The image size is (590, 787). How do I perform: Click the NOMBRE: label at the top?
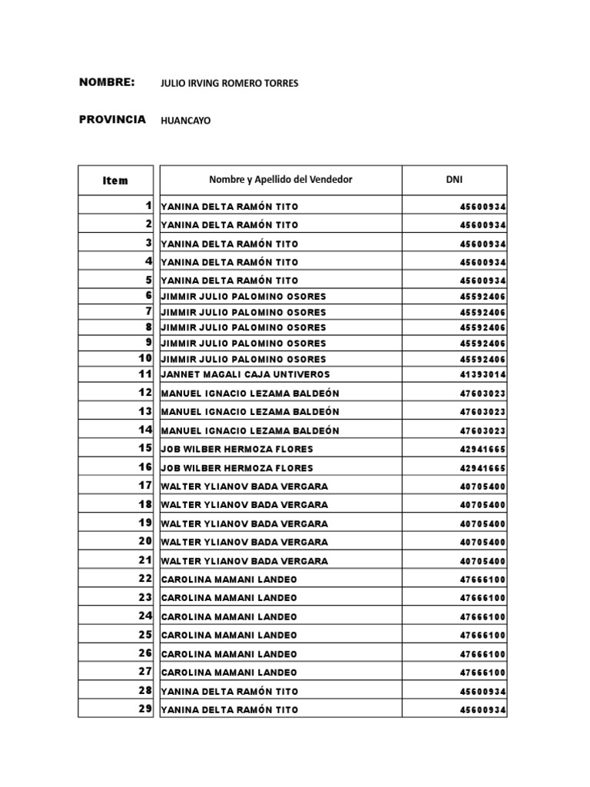107,82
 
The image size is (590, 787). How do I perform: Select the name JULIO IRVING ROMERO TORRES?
229,83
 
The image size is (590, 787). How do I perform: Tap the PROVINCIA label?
112,120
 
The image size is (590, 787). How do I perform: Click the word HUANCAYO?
185,121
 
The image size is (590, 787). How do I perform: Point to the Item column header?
115,181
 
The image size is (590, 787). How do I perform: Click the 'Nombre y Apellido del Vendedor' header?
280,180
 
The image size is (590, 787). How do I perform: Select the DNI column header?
454,180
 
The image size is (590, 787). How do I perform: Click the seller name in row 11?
245,374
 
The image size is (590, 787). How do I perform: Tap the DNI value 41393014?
482,374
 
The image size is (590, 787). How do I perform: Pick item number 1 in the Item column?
147,206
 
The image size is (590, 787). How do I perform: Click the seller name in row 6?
244,297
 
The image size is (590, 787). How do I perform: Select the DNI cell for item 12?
482,393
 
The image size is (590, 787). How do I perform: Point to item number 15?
145,448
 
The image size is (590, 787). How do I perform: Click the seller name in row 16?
237,467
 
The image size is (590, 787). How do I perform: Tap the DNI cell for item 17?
482,486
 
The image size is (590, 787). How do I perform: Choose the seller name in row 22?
229,579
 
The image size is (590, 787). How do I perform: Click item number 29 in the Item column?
145,709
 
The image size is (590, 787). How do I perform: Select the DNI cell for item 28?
482,691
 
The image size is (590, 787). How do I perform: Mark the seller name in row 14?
250,430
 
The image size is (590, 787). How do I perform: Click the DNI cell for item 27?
482,672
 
